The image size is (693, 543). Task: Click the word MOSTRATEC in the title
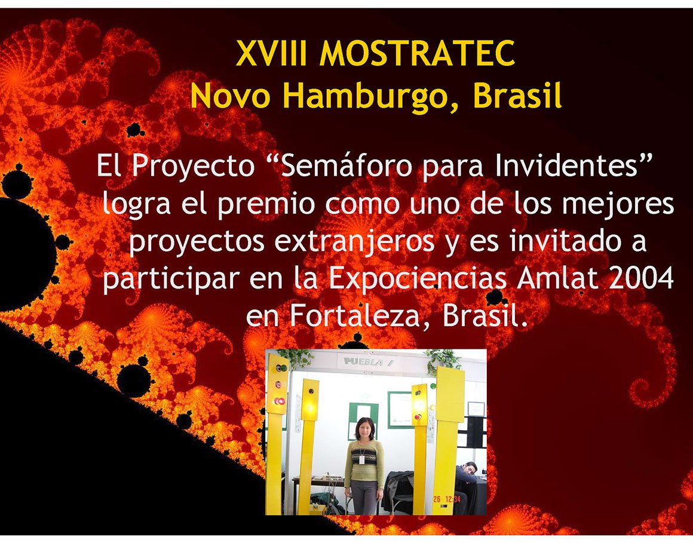pos(417,53)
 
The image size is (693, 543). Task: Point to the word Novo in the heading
pos(230,96)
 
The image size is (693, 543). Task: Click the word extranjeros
pos(354,242)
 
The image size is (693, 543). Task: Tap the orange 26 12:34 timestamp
pos(446,499)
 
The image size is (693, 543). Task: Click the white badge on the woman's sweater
pos(361,459)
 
